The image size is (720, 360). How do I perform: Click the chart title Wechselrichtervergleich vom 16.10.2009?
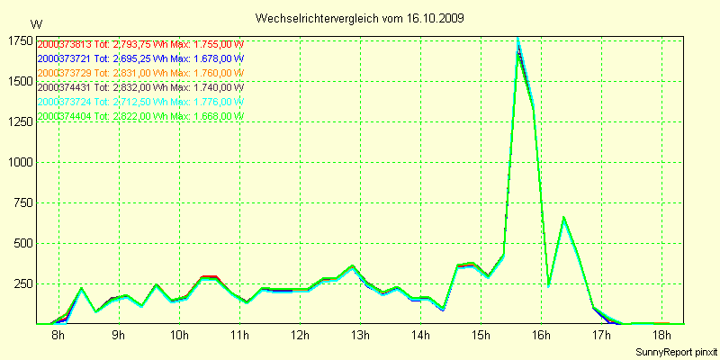click(x=360, y=18)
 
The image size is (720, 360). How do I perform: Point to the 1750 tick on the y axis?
click(x=20, y=41)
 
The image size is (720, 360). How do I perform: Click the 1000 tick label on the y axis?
click(x=20, y=163)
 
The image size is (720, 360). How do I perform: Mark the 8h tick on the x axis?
click(x=58, y=336)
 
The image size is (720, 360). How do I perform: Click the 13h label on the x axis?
click(x=360, y=336)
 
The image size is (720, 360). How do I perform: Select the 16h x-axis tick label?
click(x=541, y=336)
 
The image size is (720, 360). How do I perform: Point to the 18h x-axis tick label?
click(x=661, y=336)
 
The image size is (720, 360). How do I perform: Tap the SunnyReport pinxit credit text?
click(x=676, y=350)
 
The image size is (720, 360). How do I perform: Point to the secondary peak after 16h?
click(x=563, y=217)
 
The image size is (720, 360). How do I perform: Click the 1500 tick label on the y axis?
click(x=20, y=82)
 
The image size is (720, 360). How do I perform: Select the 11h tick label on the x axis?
click(x=239, y=336)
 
